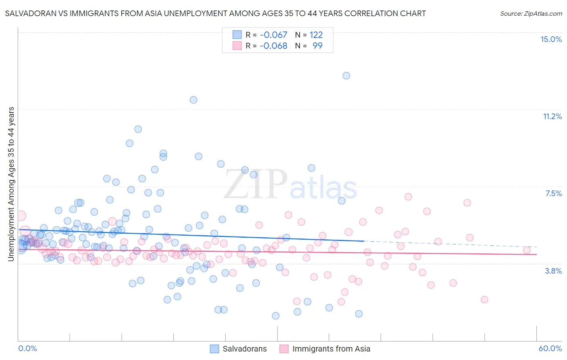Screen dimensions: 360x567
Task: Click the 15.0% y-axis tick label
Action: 551,39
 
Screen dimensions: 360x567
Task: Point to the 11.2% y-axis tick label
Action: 552,116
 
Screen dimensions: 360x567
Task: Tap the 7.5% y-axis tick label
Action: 553,193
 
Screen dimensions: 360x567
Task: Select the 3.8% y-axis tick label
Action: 553,271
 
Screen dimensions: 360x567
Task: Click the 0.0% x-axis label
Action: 27,348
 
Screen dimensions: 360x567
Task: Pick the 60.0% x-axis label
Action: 550,348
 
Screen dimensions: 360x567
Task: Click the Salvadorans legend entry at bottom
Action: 244,349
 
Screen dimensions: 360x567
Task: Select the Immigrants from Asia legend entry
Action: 331,349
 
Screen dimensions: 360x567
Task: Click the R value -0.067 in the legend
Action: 273,35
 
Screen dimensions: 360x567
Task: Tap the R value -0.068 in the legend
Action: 273,46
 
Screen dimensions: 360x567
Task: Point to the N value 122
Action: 316,35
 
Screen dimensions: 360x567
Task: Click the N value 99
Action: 317,46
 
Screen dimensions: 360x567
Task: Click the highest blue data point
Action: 346,75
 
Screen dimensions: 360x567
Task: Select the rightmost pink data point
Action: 526,250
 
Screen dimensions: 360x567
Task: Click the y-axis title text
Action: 11,184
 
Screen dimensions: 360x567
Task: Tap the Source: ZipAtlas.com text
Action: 531,14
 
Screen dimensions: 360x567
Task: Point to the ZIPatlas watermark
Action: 290,185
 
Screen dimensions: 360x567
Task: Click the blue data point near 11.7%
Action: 194,100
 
